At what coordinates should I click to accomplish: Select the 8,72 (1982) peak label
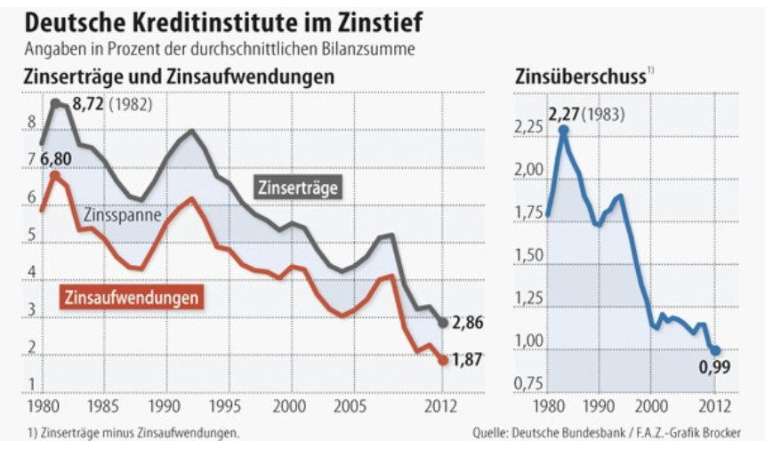[112, 105]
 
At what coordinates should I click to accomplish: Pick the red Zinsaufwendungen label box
[133, 297]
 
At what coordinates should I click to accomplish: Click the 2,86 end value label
[467, 323]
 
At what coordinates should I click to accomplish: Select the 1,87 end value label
[466, 360]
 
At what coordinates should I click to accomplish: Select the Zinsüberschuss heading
[579, 77]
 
